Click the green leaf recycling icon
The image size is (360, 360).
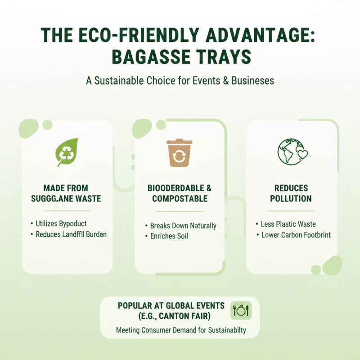pos(67,152)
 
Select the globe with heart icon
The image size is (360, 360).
pos(292,151)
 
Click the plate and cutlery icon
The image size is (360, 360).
pos(241,310)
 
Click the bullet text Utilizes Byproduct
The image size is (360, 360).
pos(61,223)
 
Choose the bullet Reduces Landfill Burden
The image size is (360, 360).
pos(71,234)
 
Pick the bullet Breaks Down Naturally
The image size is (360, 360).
pos(183,225)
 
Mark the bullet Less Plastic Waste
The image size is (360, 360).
pos(288,224)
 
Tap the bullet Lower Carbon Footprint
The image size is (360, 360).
pos(296,235)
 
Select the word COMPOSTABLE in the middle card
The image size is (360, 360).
pos(180,198)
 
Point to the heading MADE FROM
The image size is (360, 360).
pos(66,188)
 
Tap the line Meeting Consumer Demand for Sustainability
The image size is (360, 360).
pos(181,330)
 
